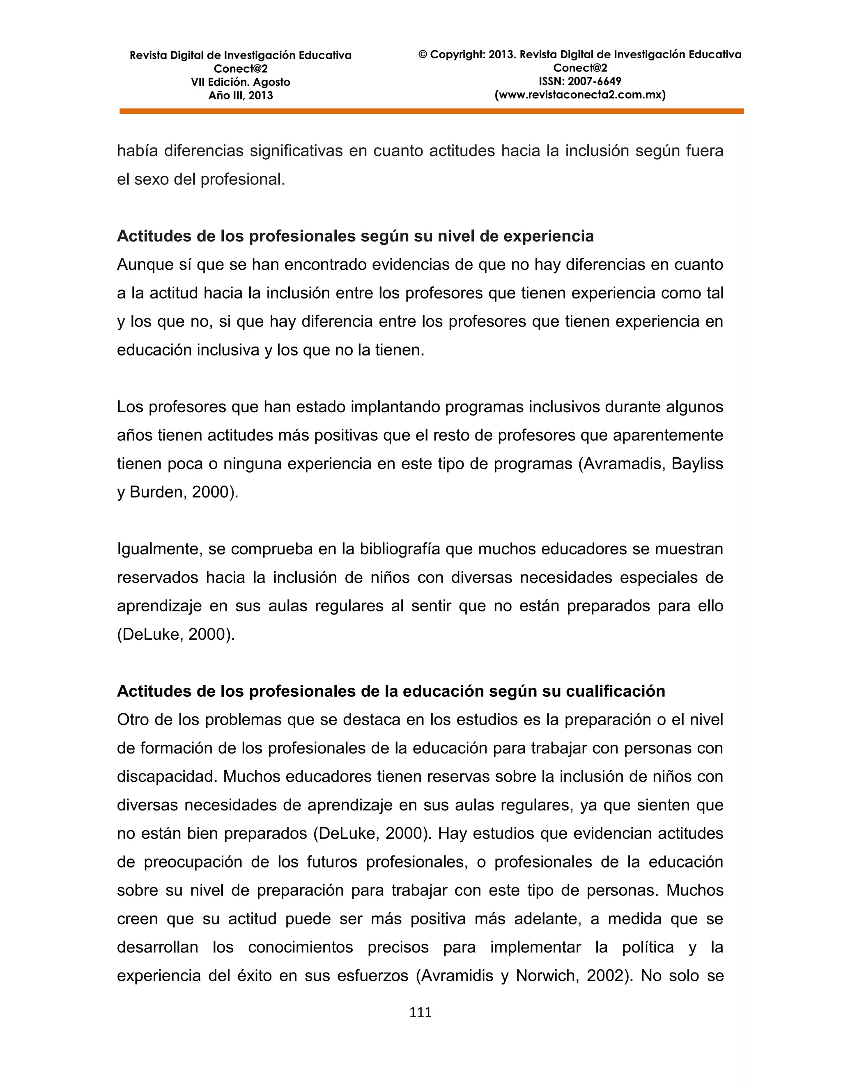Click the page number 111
[420, 1012]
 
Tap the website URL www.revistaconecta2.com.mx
[580, 95]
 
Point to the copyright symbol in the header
[423, 55]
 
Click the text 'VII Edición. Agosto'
[240, 82]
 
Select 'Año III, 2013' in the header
[240, 96]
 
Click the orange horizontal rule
[432, 112]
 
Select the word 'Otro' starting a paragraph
[132, 720]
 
